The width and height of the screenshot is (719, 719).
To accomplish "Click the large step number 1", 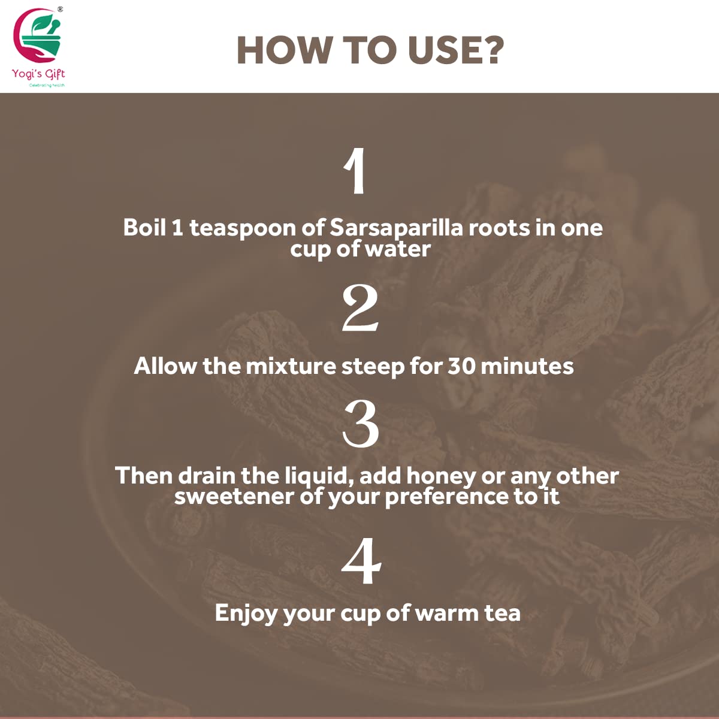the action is tap(355, 171).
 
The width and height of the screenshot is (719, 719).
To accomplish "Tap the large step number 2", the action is tap(360, 309).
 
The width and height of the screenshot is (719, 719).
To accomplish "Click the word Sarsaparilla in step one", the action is tap(396, 228).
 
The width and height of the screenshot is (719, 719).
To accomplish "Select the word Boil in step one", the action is tap(144, 227).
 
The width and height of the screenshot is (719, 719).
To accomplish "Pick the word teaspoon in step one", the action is tap(243, 228).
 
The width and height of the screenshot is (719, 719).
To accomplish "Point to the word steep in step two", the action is tap(373, 367).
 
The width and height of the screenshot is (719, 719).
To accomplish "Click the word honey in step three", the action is tap(441, 477).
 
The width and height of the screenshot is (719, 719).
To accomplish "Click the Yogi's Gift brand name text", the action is tap(38, 74).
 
